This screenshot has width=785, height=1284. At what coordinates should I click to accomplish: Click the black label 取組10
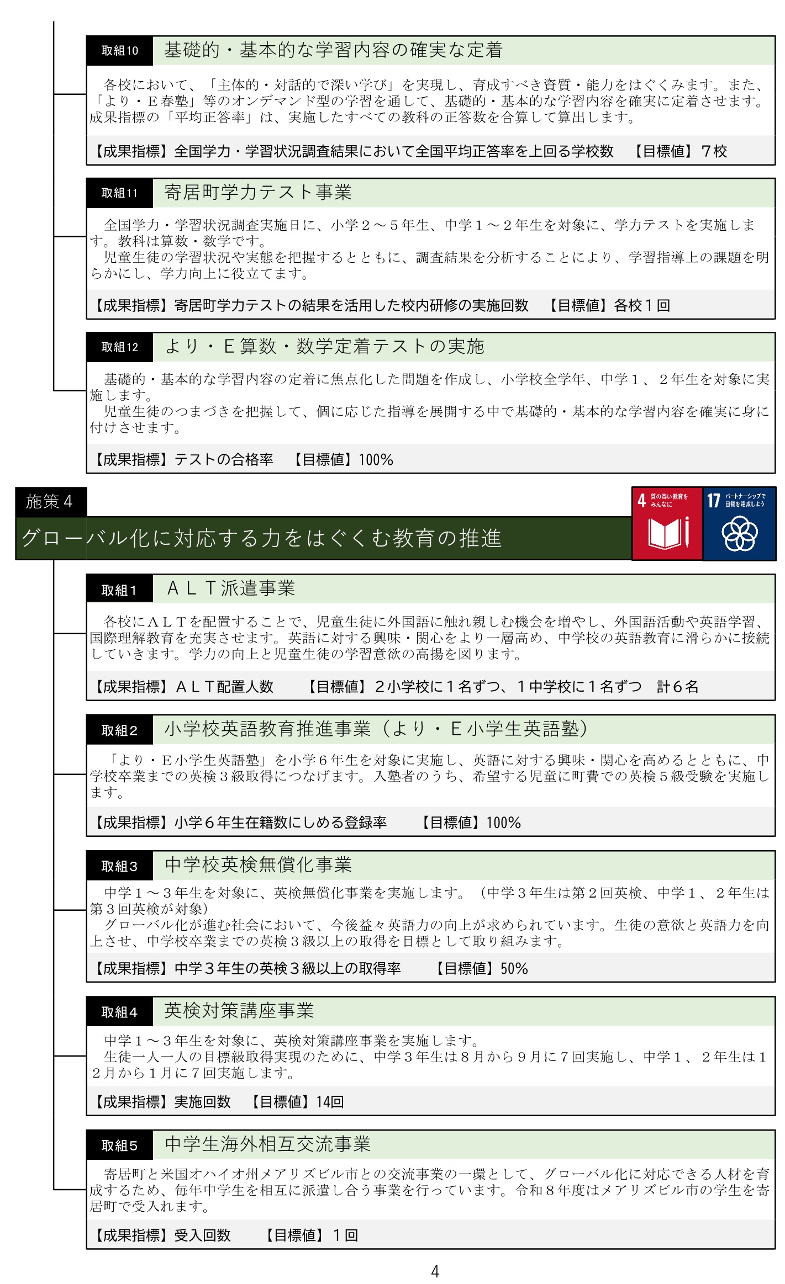(119, 51)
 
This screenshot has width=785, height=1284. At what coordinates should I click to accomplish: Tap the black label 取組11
(119, 193)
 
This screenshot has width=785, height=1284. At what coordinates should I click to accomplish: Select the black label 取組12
(119, 347)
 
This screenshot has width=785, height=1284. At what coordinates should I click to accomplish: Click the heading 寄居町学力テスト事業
(258, 192)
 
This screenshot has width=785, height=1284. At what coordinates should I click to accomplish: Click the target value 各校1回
(642, 305)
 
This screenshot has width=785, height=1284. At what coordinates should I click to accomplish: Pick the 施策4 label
(50, 501)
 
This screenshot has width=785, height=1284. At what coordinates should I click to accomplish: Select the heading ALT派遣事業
(231, 588)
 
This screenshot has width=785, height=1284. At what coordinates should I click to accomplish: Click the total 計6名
(677, 687)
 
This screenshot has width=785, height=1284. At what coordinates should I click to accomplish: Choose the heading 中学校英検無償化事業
(258, 864)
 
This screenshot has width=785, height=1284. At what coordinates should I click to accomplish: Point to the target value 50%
(514, 969)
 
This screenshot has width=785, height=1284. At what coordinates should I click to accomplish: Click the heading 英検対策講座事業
(239, 1011)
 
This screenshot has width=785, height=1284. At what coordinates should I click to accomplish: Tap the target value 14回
(330, 1102)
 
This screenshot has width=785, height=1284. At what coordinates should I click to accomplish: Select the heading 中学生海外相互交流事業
(267, 1144)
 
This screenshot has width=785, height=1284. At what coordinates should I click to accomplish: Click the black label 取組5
(119, 1146)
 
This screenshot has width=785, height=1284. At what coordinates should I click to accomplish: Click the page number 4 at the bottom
(435, 1272)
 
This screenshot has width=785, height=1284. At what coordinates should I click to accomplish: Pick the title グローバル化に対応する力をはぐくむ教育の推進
(261, 538)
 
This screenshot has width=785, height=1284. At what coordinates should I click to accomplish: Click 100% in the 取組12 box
(376, 460)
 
